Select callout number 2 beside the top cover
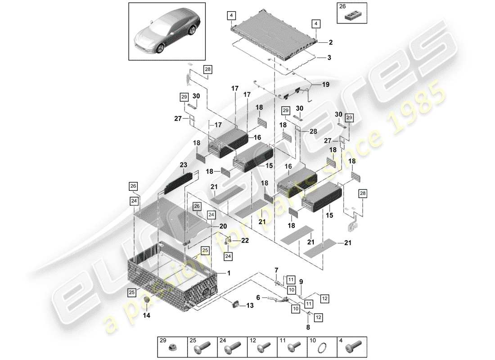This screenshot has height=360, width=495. click(330, 43)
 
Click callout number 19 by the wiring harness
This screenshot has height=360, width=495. click(325, 84)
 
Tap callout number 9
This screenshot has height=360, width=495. click(301, 282)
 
